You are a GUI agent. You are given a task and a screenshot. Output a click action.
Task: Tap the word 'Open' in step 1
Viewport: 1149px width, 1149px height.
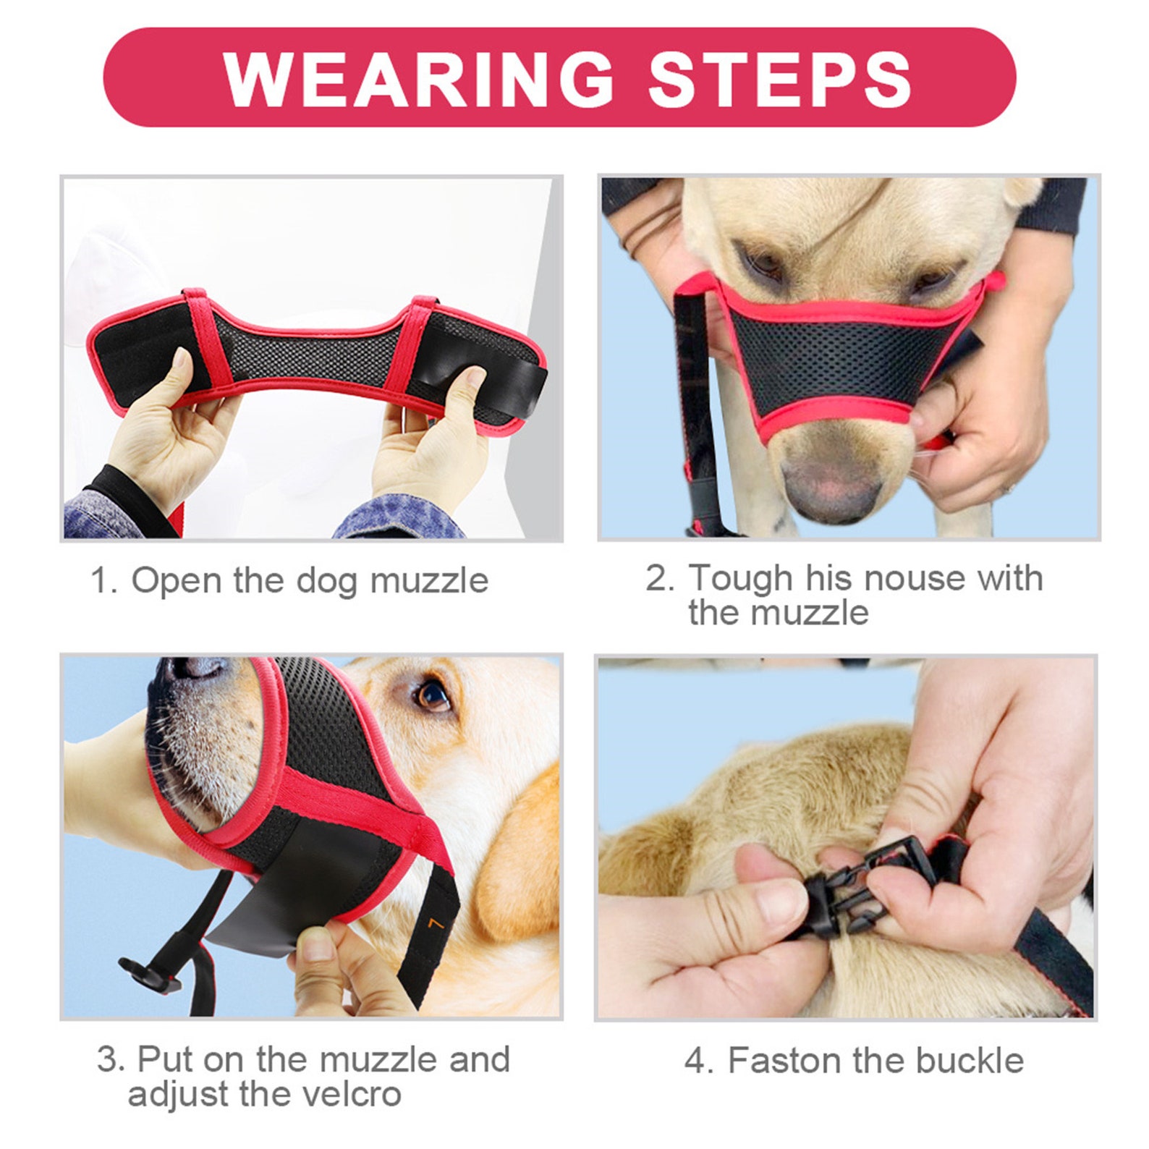coord(176,580)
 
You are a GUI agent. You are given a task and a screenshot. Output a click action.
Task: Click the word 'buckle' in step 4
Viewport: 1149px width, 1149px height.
coord(970,1061)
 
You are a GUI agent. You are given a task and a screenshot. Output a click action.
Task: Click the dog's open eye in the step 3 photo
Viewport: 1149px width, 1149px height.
coord(433,695)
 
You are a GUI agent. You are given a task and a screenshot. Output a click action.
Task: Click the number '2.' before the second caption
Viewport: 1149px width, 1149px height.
coord(659,578)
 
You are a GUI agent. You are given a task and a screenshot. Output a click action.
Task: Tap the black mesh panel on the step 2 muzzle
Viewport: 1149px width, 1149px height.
coord(839,362)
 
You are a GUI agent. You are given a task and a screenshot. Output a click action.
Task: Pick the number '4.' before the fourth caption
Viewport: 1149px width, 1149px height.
coord(698,1061)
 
